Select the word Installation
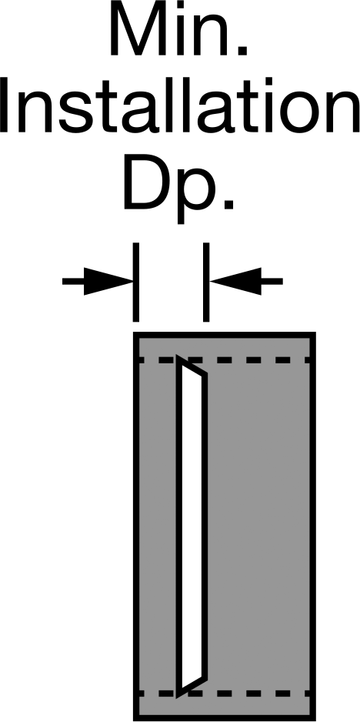pyautogui.click(x=180, y=105)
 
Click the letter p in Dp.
pyautogui.click(x=197, y=193)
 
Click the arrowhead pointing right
pyautogui.click(x=108, y=282)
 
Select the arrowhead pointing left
pyautogui.click(x=235, y=282)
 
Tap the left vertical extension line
pyautogui.click(x=136, y=282)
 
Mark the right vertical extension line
pyautogui.click(x=206, y=282)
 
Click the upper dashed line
pyautogui.click(x=225, y=359)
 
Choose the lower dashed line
pyautogui.click(x=225, y=694)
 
